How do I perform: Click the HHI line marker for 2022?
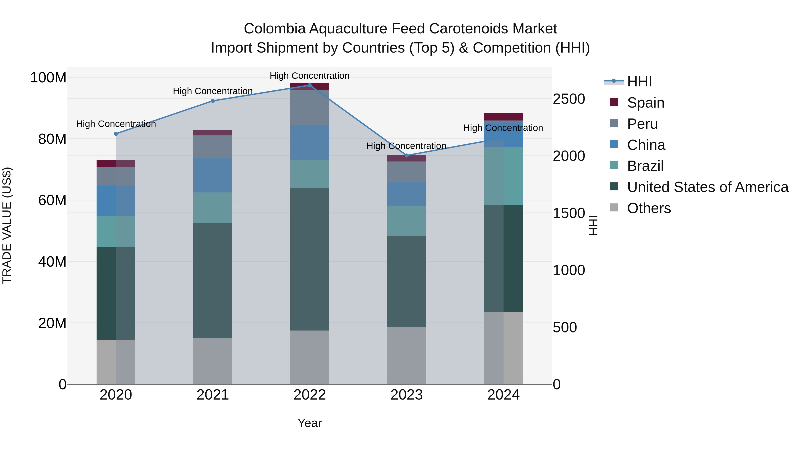pos(309,85)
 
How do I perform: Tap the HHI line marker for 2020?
pos(116,134)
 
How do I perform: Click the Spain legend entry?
pos(645,103)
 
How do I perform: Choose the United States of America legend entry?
pos(707,187)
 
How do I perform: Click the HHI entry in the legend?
pos(639,82)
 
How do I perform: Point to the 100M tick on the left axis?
pos(48,78)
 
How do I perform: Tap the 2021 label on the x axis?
pos(213,395)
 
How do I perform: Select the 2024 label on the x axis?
pos(504,395)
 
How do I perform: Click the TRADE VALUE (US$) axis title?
pos(7,225)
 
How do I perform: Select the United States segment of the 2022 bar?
pos(309,259)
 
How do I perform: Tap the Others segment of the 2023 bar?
pos(407,355)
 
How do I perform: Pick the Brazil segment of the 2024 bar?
pos(504,176)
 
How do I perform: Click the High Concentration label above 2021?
pos(213,91)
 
